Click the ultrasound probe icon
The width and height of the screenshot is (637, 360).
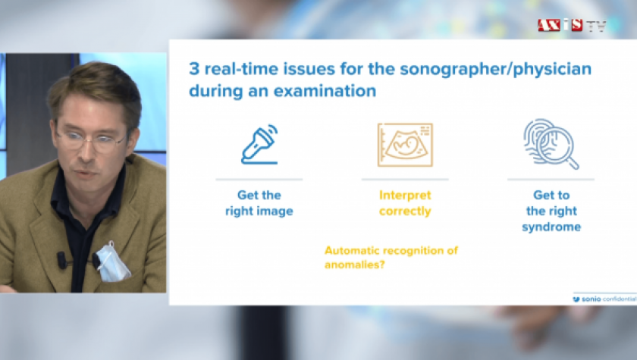(x=259, y=145)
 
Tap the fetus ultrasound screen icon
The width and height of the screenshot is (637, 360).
(x=405, y=145)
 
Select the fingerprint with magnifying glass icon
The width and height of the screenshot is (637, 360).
(x=551, y=144)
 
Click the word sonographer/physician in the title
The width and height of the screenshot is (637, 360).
(x=496, y=69)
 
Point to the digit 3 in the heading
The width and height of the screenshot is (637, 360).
(x=194, y=69)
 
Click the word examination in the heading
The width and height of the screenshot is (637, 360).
(x=325, y=91)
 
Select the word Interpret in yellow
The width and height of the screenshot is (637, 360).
(x=405, y=196)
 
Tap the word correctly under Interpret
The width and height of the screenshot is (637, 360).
(x=405, y=211)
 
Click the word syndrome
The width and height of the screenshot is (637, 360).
(x=551, y=227)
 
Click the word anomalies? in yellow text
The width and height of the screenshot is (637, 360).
(x=355, y=265)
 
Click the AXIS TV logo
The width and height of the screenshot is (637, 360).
(x=572, y=26)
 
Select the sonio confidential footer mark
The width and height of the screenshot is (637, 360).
(x=604, y=299)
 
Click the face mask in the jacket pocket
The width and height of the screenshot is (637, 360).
(x=112, y=262)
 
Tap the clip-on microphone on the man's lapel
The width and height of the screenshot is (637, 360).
(x=61, y=260)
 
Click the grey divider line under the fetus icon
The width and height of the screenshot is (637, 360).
(x=405, y=179)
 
